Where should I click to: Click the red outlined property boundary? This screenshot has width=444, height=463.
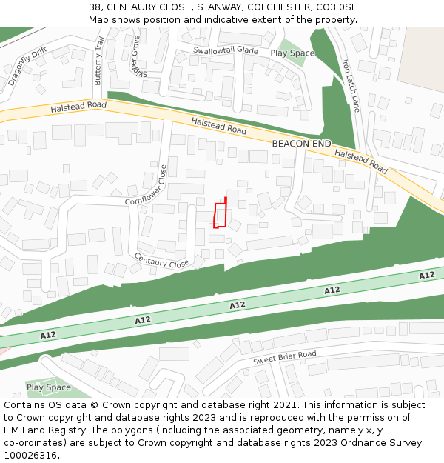coord(220,215)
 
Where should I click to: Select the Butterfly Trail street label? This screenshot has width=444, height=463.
coord(99,61)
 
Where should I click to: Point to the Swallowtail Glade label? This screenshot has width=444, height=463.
coord(226,50)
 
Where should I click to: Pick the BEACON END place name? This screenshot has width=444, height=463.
coord(301,143)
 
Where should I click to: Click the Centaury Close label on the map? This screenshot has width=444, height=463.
coord(161,260)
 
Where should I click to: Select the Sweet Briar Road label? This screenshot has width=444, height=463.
coord(285,358)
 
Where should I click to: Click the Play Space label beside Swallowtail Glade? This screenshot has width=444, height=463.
coord(292,53)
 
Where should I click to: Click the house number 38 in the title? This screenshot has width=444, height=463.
coord(95,7)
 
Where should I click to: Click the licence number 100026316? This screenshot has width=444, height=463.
coord(30,456)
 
